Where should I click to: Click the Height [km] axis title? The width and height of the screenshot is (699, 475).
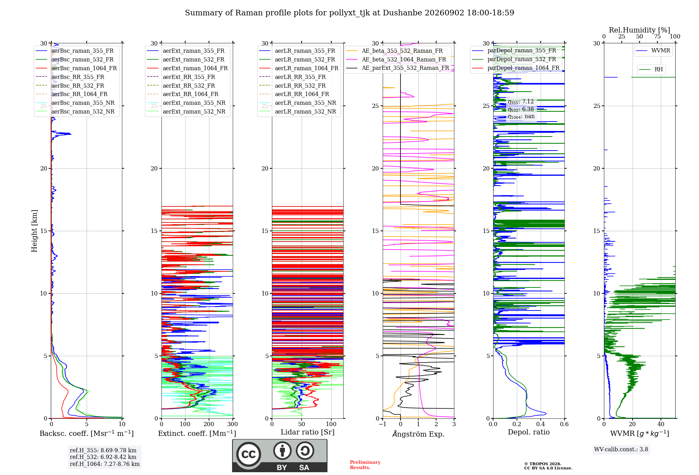pos(34,231)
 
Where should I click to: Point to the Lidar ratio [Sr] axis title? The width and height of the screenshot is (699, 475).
pos(308,432)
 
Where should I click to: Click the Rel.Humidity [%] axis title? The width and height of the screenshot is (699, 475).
pos(640,30)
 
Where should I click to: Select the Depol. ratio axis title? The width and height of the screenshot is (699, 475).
pos(529,432)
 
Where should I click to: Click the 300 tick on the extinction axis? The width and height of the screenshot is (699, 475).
pos(232,424)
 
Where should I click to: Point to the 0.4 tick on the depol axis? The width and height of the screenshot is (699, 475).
pos(541,424)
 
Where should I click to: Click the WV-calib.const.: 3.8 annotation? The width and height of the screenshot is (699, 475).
pos(621,450)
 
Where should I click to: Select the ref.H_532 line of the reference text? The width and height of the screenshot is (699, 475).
pos(103,457)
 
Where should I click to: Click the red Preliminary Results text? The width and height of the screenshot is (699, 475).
pos(365,465)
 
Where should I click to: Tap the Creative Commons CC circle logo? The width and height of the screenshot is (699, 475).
pos(248,454)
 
